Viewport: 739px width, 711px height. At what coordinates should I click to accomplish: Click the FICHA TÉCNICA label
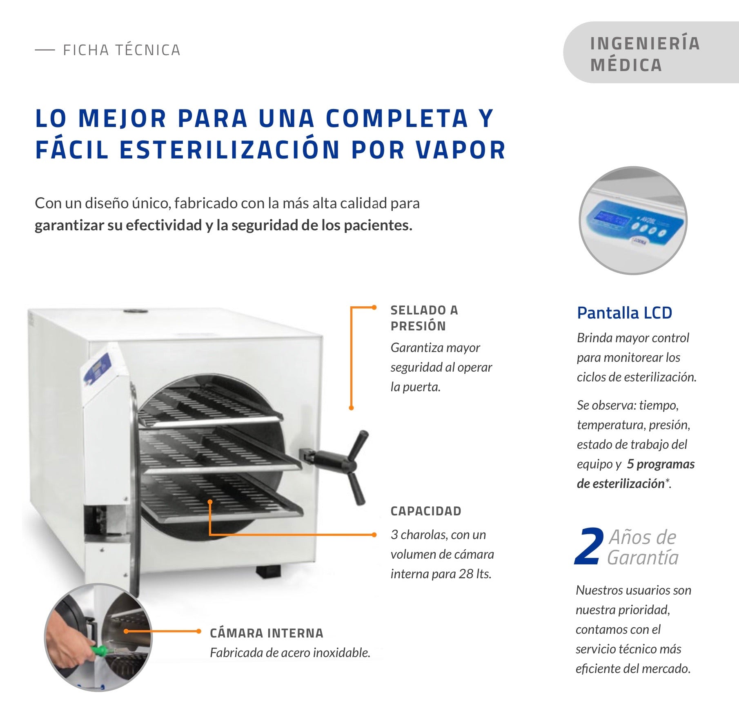point(121,50)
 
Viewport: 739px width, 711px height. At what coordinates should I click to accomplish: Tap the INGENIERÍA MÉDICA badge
point(651,53)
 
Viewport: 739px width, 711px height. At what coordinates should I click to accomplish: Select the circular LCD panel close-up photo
point(633,220)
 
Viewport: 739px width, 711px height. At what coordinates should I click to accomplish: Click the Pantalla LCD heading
point(624,313)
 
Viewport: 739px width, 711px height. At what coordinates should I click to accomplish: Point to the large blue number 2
point(589,546)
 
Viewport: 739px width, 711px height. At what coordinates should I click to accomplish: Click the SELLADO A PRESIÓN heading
point(424,318)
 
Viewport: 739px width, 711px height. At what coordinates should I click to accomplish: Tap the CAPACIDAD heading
point(426,511)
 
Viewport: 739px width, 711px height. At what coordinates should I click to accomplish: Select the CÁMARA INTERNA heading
point(267,633)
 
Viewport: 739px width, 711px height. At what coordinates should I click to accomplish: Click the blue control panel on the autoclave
point(97,369)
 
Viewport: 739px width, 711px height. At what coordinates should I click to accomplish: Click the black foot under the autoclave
point(268,571)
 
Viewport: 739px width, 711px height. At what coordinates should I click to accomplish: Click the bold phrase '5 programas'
point(661,464)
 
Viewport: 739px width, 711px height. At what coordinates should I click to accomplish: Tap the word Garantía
point(643,557)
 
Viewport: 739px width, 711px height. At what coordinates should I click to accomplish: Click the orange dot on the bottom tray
point(210,501)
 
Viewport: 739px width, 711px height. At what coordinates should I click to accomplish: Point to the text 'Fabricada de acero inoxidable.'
point(290,653)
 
